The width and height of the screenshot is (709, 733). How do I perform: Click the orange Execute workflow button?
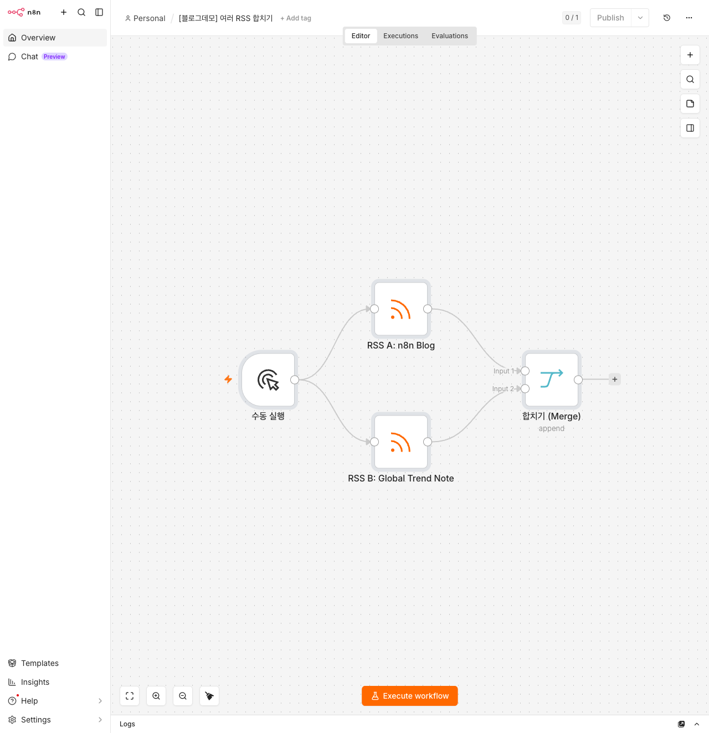tap(409, 696)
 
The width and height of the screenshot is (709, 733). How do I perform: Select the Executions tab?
tap(400, 36)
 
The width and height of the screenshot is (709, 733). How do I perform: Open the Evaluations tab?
tap(449, 36)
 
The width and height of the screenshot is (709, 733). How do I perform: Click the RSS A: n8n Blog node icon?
tap(400, 309)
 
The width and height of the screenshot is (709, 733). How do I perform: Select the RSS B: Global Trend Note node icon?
tap(400, 442)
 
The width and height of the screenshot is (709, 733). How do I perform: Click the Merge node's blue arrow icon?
tap(551, 380)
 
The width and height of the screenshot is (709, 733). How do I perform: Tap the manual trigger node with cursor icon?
tap(268, 380)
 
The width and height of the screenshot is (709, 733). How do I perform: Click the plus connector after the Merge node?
tap(614, 380)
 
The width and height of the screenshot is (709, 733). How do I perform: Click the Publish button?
tap(610, 18)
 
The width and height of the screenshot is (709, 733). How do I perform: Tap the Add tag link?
tap(296, 18)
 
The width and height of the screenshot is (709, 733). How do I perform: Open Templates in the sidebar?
tap(39, 663)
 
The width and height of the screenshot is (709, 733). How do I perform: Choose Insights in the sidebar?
tap(35, 682)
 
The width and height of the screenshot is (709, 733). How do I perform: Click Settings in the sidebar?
tap(36, 720)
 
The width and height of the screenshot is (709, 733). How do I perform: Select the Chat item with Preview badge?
tap(38, 57)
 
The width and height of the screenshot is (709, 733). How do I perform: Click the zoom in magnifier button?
tap(156, 696)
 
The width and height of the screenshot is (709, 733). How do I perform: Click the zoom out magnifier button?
tap(183, 696)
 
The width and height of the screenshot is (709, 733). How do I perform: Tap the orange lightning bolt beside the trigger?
tap(228, 380)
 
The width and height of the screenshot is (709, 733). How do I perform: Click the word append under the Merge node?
tap(551, 428)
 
